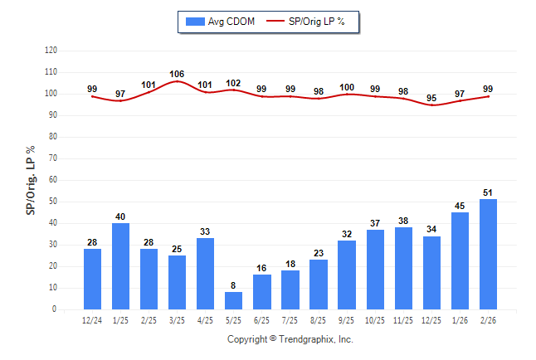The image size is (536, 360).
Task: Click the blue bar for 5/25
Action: tap(233, 300)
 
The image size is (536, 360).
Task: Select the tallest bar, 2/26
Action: tap(489, 254)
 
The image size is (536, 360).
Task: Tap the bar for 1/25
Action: tap(120, 266)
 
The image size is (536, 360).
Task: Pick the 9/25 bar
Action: tap(347, 275)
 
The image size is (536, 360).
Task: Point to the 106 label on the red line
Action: tap(177, 74)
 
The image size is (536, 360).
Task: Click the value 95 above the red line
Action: tap(432, 98)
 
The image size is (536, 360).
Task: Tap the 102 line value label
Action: tap(233, 83)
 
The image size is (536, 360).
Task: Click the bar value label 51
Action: tap(489, 192)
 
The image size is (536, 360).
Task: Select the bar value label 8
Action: tap(233, 285)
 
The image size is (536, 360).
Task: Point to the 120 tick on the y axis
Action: tap(51, 51)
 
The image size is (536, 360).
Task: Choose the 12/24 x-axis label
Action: tap(92, 320)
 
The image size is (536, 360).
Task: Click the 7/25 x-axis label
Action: tap(290, 320)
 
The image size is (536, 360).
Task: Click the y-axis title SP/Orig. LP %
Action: tap(31, 180)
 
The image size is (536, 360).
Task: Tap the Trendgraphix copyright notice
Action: tap(290, 339)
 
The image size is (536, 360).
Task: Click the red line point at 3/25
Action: tap(177, 81)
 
